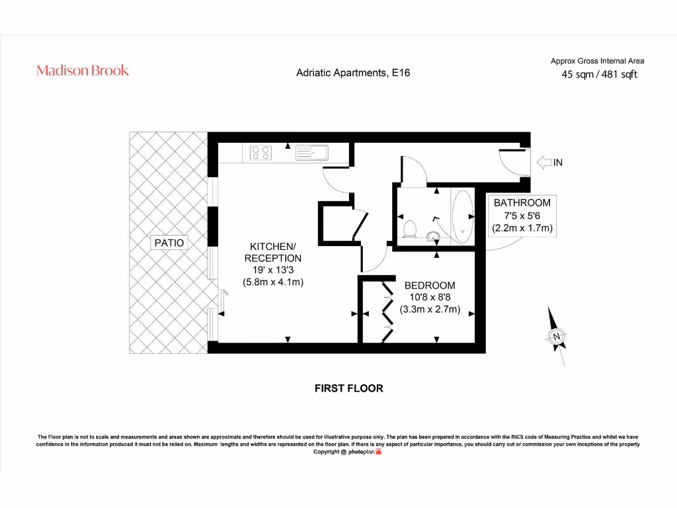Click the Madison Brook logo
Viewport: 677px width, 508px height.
coord(83,70)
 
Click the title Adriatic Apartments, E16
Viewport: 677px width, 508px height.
coord(353,73)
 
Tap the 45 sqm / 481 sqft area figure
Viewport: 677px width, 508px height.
coord(599,75)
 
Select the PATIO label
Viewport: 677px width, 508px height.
coord(169,243)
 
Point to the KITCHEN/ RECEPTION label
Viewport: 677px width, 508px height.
coord(273,252)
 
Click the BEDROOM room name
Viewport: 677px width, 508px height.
coord(430,285)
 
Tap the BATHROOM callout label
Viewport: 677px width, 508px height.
coord(522,202)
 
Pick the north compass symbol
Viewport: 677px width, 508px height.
coord(557,336)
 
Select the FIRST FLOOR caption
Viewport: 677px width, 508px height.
coord(348,388)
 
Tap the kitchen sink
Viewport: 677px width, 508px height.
coord(314,153)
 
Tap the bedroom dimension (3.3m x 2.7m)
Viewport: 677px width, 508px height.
coord(430,309)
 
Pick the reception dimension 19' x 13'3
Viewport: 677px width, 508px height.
coord(272,270)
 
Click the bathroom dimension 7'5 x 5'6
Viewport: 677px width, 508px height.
coord(522,216)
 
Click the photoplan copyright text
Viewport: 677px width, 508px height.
coord(347,452)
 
